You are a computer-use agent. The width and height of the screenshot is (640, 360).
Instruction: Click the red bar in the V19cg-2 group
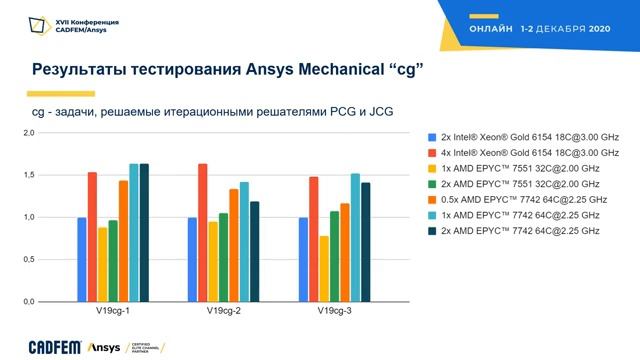coord(203,232)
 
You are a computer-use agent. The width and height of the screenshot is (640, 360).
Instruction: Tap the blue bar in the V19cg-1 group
coord(82,259)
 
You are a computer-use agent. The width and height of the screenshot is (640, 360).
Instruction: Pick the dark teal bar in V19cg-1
coord(144,232)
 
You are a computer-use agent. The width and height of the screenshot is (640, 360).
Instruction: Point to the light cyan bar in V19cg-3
coord(355,237)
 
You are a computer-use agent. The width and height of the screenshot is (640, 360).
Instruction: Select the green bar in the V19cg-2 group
coord(224,257)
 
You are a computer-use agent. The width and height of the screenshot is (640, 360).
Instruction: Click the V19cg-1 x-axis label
coord(113,313)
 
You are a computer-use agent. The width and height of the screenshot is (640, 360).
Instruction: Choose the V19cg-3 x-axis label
coord(334,313)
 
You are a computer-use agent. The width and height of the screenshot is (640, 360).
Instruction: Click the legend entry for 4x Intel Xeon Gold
coord(529,152)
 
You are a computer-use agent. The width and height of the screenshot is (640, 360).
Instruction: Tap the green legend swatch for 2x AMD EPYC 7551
coord(432,184)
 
